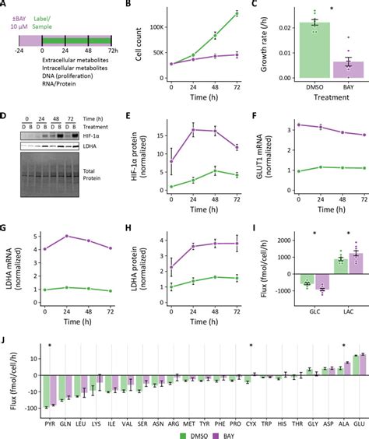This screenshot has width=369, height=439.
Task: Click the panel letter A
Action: (x=5, y=5)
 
